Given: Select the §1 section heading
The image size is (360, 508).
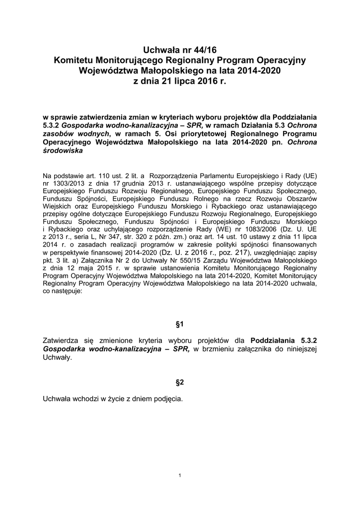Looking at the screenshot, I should click(x=180, y=324).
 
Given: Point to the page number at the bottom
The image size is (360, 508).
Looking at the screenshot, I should click(x=180, y=476).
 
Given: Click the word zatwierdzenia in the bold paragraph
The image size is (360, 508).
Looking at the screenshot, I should click(x=96, y=118).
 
